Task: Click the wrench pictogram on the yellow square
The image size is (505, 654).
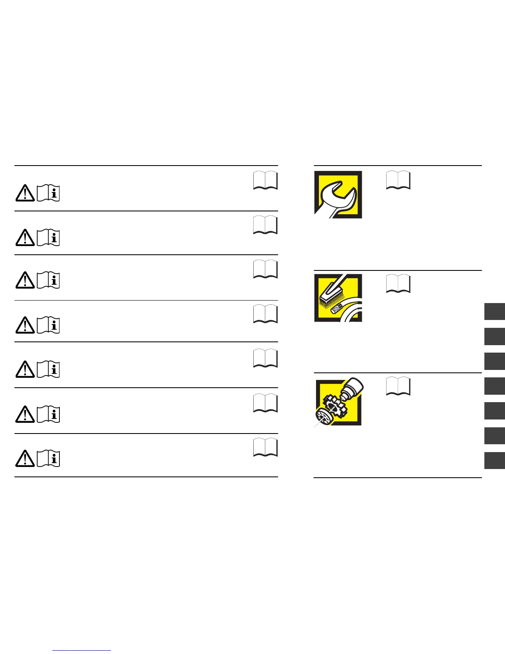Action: coord(338,194)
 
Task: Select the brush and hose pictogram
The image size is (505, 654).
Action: coord(338,298)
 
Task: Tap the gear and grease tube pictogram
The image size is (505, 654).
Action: coord(338,402)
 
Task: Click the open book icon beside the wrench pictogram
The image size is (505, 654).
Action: coord(398,180)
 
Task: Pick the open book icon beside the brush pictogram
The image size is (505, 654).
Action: coord(398,284)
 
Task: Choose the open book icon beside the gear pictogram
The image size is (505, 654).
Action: coord(398,386)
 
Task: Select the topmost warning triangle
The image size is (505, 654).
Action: coord(25,193)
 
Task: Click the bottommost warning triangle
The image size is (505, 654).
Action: coord(25,458)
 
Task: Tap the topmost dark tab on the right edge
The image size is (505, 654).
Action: coord(495,311)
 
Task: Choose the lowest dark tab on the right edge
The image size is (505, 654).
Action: coord(495,460)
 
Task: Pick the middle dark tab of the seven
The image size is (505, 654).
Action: coord(495,386)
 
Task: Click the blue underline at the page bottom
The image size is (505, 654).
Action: coord(82,651)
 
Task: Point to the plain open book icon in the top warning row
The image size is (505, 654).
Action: coord(265,180)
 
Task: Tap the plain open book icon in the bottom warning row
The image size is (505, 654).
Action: coord(265,448)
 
